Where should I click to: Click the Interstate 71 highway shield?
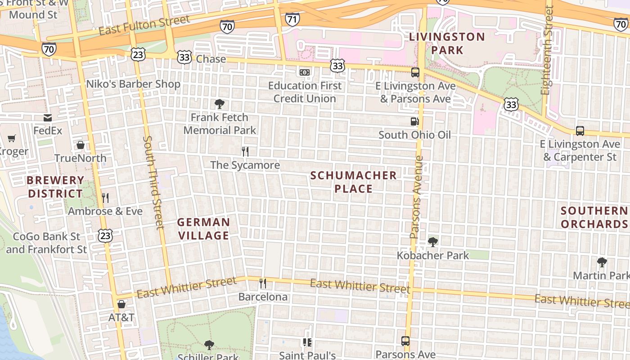(x=292, y=19)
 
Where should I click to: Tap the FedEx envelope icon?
(x=48, y=118)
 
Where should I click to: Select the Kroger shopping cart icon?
(x=11, y=139)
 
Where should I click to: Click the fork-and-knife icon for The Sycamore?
(x=245, y=152)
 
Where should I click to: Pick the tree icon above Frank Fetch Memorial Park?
(x=220, y=104)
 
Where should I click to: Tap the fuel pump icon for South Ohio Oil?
(x=414, y=121)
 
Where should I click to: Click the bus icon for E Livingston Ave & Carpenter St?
(x=580, y=131)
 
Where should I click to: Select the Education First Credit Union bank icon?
(x=305, y=72)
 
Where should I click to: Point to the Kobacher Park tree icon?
(x=433, y=242)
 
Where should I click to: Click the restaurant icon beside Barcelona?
(x=263, y=283)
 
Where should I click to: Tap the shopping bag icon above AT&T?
(x=121, y=304)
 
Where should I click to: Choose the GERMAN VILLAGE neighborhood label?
(x=203, y=229)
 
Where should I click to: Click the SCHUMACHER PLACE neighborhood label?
(x=354, y=182)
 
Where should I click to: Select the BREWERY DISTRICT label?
(x=55, y=187)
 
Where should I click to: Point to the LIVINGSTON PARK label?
(x=447, y=43)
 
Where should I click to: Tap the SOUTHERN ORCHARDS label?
(x=594, y=217)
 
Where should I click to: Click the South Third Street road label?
(x=153, y=182)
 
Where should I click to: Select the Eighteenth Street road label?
(x=547, y=49)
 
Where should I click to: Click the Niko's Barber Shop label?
(x=133, y=84)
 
